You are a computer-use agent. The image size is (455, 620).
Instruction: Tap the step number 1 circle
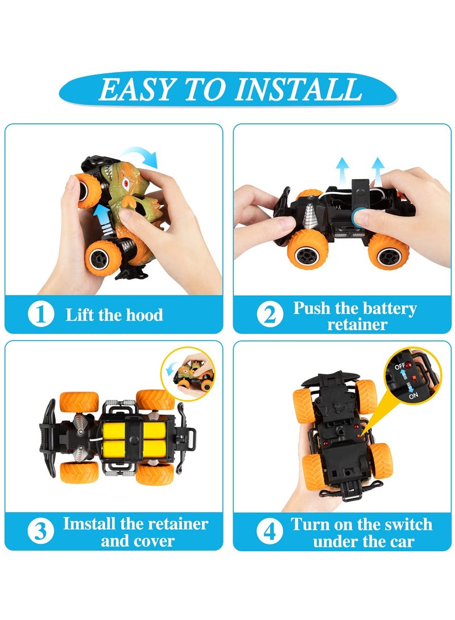click(x=41, y=314)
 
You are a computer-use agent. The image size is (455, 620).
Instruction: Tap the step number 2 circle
click(x=269, y=315)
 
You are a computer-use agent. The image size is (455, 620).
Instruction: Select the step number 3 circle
click(x=41, y=531)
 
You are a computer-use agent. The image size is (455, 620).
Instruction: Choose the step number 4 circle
click(x=269, y=531)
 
